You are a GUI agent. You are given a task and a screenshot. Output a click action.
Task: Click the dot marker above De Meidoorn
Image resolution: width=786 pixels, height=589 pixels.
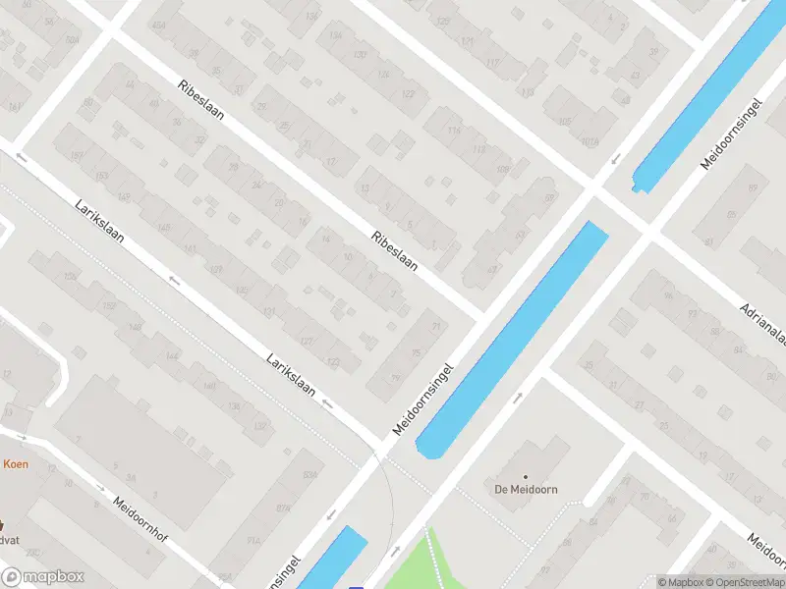point(524,476)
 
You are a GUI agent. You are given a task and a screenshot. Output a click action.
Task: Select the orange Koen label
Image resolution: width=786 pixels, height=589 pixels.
point(14,464)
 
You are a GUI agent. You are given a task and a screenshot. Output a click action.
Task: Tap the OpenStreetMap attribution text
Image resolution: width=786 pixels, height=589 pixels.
point(745,582)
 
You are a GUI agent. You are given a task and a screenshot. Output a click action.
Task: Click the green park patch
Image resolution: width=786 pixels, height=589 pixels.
point(432,564)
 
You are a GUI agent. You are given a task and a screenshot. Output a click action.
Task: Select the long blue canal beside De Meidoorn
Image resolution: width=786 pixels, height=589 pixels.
point(511,339)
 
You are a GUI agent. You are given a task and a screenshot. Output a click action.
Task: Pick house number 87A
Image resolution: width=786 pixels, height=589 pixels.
point(285,508)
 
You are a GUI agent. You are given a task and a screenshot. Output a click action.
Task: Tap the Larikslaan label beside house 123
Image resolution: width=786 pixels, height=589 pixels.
point(291,374)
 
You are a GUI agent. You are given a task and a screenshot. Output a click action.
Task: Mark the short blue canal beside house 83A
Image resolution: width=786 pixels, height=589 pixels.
point(332,559)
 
